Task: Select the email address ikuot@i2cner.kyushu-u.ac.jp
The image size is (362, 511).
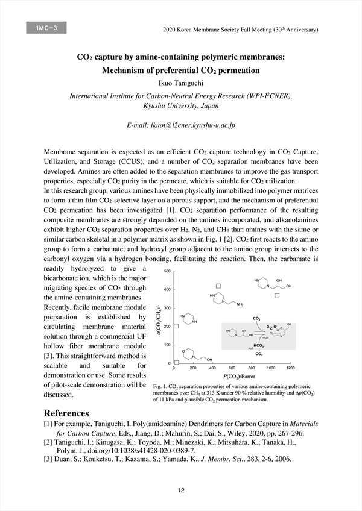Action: tap(180, 126)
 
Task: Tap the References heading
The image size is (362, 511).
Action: tap(66, 413)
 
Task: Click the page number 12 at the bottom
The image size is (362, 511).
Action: tap(180, 490)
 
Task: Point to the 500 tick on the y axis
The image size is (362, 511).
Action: tap(167, 271)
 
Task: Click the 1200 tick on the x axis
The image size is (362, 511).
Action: tap(291, 368)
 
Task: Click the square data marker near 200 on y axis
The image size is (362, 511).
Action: tap(176, 326)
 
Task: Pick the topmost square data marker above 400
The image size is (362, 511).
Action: tap(220, 285)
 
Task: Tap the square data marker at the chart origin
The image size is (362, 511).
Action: tap(176, 363)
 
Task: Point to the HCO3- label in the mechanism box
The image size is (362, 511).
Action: tap(259, 346)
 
